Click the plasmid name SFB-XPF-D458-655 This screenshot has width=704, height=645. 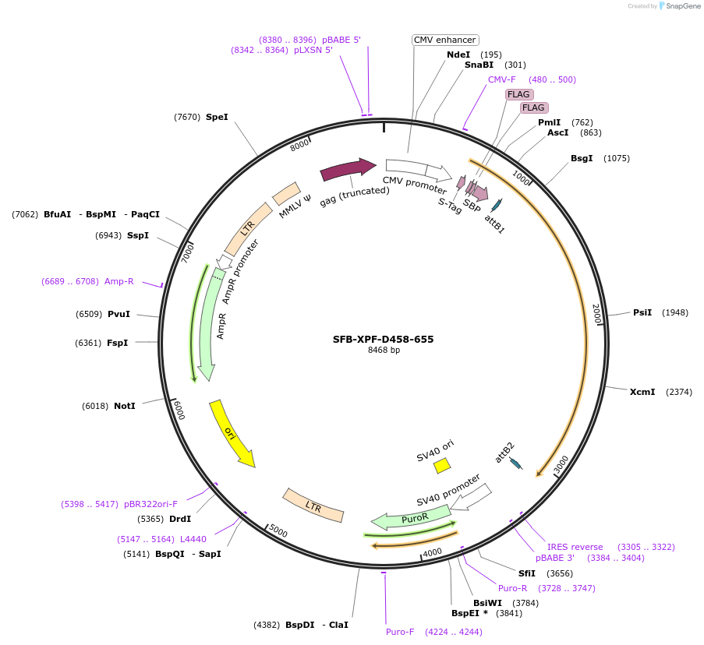point(383,339)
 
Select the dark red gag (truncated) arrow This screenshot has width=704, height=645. point(347,169)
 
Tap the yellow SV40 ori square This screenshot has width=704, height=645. point(442,465)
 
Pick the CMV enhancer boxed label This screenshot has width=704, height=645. point(444,40)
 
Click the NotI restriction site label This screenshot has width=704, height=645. point(125,406)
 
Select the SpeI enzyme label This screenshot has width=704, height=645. point(217,117)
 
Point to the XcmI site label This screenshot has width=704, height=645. point(642,392)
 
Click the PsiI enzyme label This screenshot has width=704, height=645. point(642,312)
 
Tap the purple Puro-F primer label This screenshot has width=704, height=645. point(400,632)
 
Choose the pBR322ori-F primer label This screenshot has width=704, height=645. point(150,504)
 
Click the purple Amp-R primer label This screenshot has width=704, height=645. point(119,281)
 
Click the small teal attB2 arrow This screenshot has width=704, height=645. point(515,464)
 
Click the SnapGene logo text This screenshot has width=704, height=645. point(683,6)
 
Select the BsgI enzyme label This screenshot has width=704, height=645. point(582,158)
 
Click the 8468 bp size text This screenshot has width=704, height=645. point(384,351)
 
